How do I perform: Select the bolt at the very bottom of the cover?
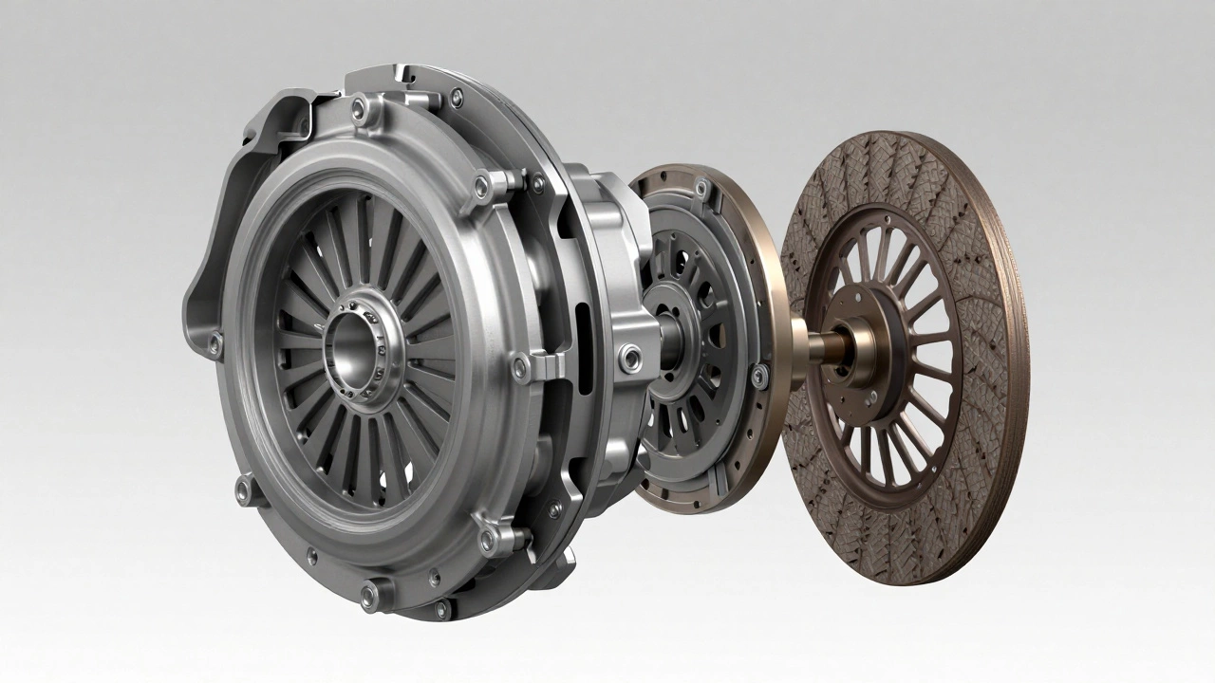coord(369,595)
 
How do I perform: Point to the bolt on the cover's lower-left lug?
coord(244,490)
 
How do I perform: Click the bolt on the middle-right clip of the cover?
coord(520,367)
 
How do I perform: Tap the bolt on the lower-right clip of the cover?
coord(488,541)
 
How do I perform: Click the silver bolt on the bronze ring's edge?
coord(758,377)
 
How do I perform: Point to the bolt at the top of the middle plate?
coord(701,189)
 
